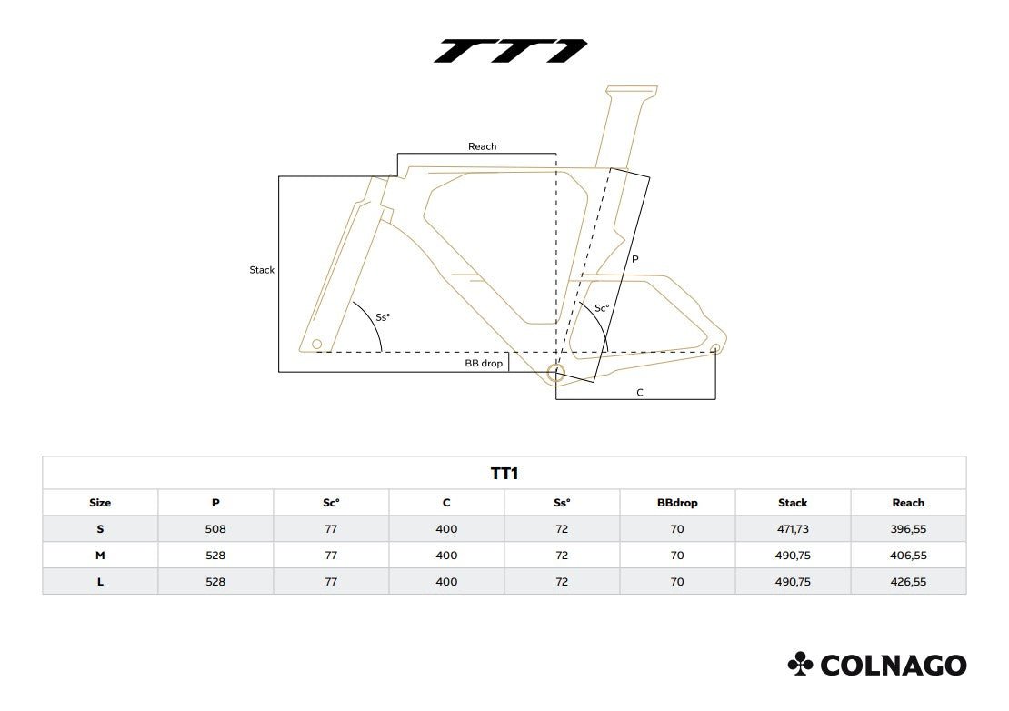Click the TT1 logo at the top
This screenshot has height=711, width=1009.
510,51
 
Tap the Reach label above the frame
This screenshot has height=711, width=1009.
482,146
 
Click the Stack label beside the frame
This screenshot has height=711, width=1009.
262,270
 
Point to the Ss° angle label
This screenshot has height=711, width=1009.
383,317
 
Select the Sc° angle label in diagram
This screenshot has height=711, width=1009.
602,308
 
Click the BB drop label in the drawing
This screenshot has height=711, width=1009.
484,363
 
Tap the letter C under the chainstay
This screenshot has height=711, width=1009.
640,393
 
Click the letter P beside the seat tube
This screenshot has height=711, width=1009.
634,259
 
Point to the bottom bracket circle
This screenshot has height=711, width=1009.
556,371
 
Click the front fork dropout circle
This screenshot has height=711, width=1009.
316,345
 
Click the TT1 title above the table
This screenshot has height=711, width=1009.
504,474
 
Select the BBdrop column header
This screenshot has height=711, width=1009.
677,503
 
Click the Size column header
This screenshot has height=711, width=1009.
100,503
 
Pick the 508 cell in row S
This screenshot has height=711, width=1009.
215,529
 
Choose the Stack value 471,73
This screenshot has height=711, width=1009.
793,529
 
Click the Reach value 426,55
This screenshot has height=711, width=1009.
908,582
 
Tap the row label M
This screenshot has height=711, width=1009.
100,556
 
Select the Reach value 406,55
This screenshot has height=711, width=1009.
908,556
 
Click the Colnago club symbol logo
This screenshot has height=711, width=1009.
800,664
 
